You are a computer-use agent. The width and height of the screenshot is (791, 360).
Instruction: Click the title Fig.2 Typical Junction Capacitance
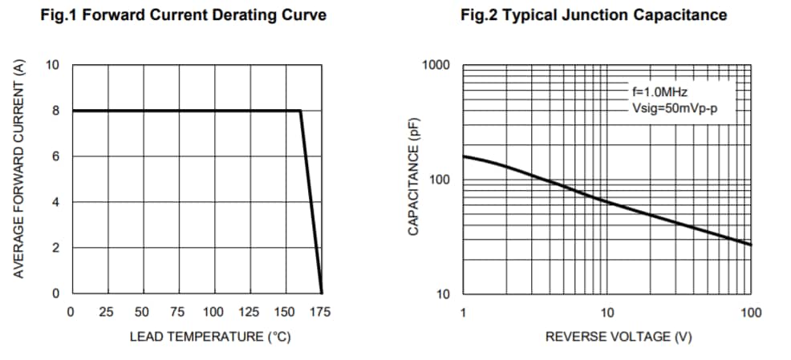[594, 15]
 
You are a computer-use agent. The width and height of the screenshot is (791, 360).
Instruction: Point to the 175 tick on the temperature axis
[320, 312]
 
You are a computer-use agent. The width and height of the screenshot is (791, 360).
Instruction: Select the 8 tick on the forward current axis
[56, 111]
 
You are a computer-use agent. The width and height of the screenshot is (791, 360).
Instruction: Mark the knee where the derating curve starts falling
[301, 111]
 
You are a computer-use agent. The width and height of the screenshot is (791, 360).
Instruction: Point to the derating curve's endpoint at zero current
[322, 293]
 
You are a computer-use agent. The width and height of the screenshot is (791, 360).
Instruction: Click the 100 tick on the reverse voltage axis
[751, 312]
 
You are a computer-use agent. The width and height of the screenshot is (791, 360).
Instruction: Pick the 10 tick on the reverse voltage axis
[607, 312]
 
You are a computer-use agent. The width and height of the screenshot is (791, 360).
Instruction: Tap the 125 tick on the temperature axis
[249, 312]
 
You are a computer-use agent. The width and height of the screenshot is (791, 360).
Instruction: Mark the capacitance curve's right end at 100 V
[751, 245]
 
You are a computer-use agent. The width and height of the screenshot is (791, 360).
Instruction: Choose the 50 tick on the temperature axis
[142, 312]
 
